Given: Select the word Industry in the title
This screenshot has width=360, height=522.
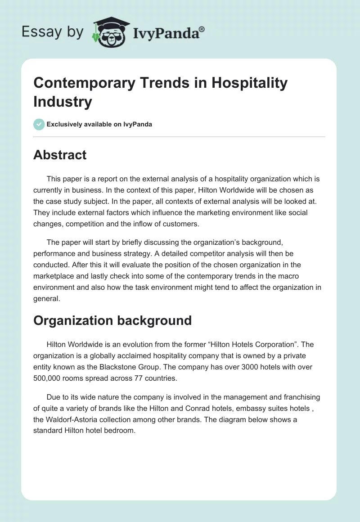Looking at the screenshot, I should coord(62,101).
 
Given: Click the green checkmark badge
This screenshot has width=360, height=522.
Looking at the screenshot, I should coord(39,124).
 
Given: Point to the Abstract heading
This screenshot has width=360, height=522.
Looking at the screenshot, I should coord(60,155).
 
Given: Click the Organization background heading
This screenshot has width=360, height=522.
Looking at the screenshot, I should coord(112,320).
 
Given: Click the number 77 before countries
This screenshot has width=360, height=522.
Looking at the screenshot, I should coord(139,378).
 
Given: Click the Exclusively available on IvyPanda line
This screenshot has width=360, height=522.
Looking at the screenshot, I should coord(99,124).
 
